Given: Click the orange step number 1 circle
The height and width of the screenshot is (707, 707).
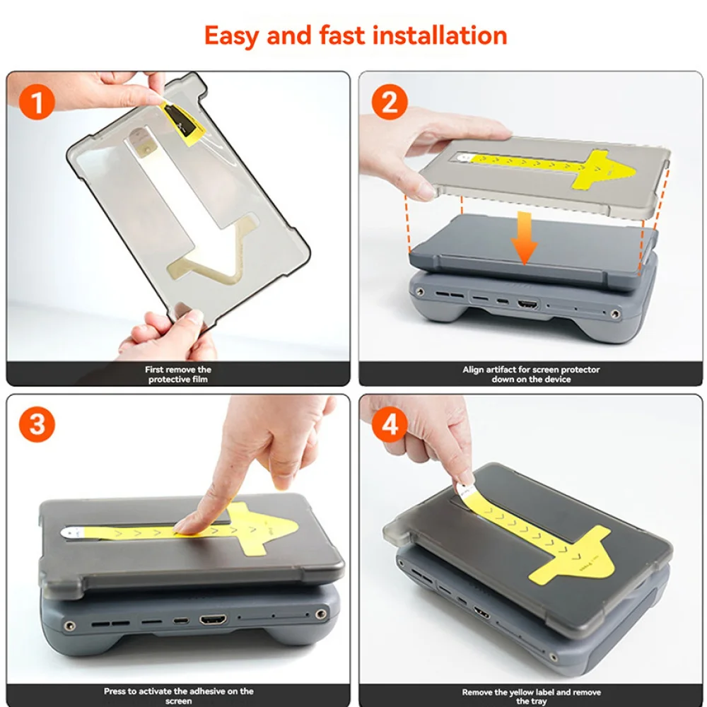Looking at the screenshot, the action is point(37,102).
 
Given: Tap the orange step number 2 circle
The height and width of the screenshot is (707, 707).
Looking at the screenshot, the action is point(390,102).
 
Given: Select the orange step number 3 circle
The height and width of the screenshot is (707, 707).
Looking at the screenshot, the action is point(37,424).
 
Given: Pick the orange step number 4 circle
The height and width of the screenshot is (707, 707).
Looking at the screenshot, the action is point(390,424).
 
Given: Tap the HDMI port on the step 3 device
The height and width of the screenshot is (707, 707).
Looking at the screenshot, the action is point(213,619).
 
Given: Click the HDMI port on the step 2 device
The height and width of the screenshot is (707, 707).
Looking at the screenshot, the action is point(528,304).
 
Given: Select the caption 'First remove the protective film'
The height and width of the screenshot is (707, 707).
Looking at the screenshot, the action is point(178,374).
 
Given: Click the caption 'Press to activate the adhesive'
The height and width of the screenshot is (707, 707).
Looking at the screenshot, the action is point(179,696).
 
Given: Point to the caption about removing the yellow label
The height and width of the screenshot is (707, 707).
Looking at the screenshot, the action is point(531,696).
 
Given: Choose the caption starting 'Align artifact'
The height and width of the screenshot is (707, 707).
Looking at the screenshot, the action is point(531,374).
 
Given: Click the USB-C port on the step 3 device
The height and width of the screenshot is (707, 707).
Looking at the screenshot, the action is point(181,621).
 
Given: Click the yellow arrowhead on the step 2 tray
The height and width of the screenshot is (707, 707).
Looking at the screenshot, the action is point(604,170).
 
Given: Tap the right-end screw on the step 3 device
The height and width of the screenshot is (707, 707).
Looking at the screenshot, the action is point(321,614).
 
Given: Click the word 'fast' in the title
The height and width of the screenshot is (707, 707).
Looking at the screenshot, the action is point(341,35).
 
